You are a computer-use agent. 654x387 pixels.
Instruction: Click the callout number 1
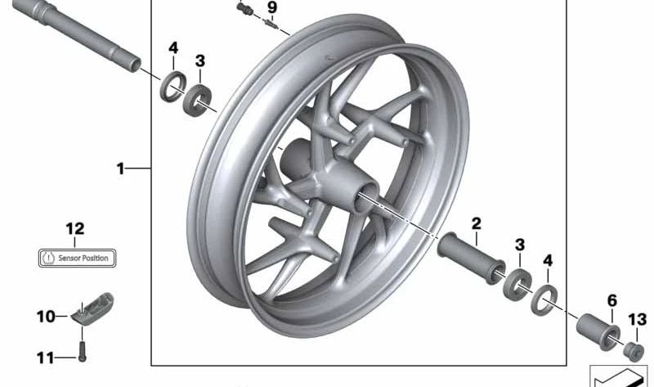tap(120, 169)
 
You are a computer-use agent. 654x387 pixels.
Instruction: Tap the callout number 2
tap(476, 223)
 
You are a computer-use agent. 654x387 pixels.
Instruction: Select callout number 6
tap(611, 301)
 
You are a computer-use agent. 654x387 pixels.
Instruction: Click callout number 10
tap(45, 316)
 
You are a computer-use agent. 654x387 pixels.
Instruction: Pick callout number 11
tap(45, 358)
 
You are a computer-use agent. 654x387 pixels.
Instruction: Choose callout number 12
tap(75, 230)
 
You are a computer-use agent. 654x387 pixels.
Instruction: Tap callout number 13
tap(637, 319)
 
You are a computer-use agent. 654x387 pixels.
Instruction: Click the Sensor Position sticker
tap(78, 258)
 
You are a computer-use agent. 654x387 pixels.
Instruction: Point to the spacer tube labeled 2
tap(473, 257)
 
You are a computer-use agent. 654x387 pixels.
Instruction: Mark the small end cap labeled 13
tap(633, 352)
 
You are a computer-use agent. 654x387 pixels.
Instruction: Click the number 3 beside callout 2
tap(519, 245)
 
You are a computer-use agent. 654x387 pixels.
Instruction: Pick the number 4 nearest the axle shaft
tap(173, 47)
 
